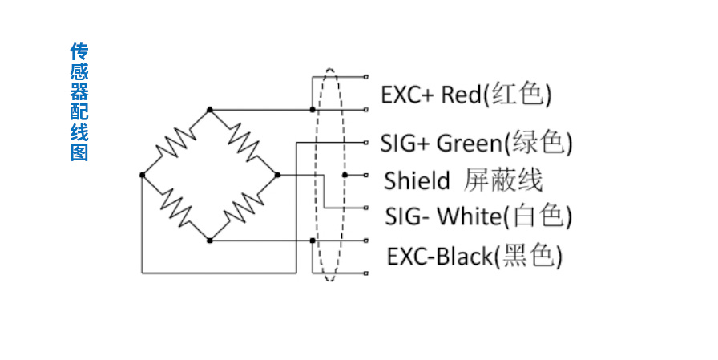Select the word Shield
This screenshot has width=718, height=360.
coord(417,181)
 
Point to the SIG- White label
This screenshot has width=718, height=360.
coord(478,216)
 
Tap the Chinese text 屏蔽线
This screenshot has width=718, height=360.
coord(503,180)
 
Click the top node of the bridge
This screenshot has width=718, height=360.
coord(210,108)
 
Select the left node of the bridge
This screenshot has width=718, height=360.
coord(142,174)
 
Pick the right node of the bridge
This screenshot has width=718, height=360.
coord(277,174)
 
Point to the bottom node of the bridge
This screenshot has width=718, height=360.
coord(210,240)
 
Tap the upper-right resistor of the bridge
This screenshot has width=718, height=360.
coord(244,141)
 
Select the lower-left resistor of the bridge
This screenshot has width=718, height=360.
coord(175,207)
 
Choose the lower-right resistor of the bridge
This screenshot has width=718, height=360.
coord(244,207)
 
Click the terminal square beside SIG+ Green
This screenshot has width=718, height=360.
coord(365,142)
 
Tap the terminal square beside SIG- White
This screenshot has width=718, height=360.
coord(365,208)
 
